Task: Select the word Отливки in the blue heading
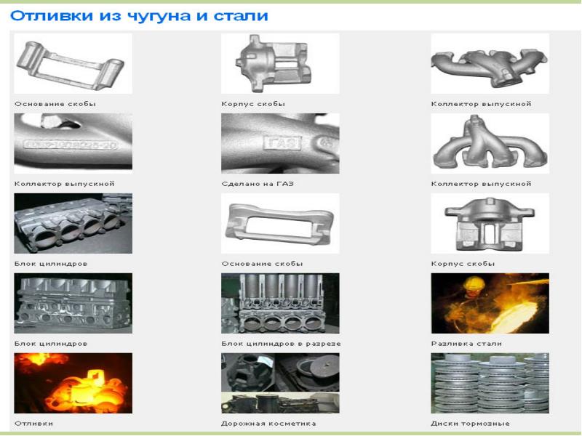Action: [51, 16]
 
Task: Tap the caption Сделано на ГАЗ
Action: [258, 184]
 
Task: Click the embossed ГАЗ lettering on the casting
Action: [282, 142]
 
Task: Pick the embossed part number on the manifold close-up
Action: [71, 145]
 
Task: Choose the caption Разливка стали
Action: [466, 344]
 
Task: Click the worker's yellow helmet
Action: [474, 283]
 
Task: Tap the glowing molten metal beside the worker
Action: [514, 317]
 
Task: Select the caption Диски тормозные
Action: [470, 424]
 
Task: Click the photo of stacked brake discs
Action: [490, 383]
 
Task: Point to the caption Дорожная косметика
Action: [268, 424]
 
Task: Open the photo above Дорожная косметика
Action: [280, 383]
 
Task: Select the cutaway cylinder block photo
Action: [280, 303]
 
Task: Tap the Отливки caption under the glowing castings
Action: [33, 424]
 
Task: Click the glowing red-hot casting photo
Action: [73, 383]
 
